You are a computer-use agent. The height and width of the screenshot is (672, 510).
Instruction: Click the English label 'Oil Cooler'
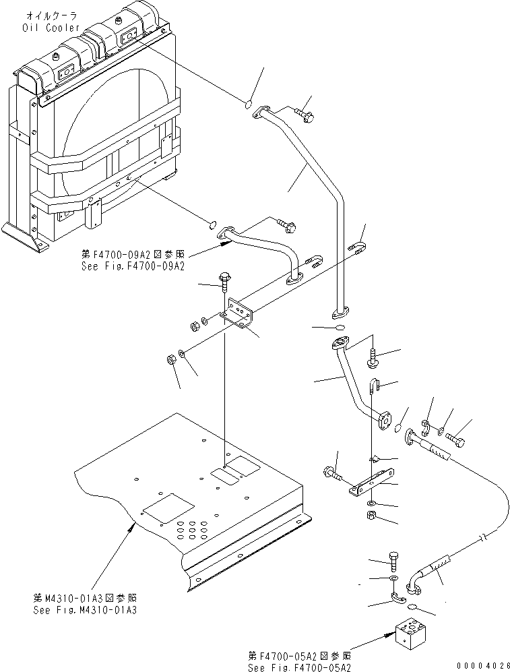[x=51, y=28]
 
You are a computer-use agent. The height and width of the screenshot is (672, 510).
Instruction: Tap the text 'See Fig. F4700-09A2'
[x=133, y=266]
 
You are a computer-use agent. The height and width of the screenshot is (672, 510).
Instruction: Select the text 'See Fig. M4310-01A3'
[x=85, y=610]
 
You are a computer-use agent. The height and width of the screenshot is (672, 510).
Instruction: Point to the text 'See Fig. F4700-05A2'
[x=299, y=667]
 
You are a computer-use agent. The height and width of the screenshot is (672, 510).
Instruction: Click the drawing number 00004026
[x=483, y=665]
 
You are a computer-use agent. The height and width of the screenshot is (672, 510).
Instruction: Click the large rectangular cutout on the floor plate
[x=168, y=508]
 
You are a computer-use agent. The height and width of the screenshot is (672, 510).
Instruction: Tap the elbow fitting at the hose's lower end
[x=414, y=584]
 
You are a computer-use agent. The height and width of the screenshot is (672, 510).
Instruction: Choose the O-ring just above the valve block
[x=412, y=606]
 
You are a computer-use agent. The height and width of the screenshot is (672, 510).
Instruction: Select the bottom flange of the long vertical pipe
[x=340, y=313]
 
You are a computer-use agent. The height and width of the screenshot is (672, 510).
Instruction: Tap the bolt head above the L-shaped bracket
[x=225, y=276]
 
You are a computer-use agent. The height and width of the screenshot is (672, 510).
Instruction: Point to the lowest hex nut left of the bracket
[x=170, y=359]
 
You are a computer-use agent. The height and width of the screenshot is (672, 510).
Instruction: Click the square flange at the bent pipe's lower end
[x=385, y=420]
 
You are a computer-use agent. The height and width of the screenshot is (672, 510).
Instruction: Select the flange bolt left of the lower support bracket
[x=333, y=473]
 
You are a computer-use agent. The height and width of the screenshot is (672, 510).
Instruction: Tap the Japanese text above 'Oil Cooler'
[x=52, y=16]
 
